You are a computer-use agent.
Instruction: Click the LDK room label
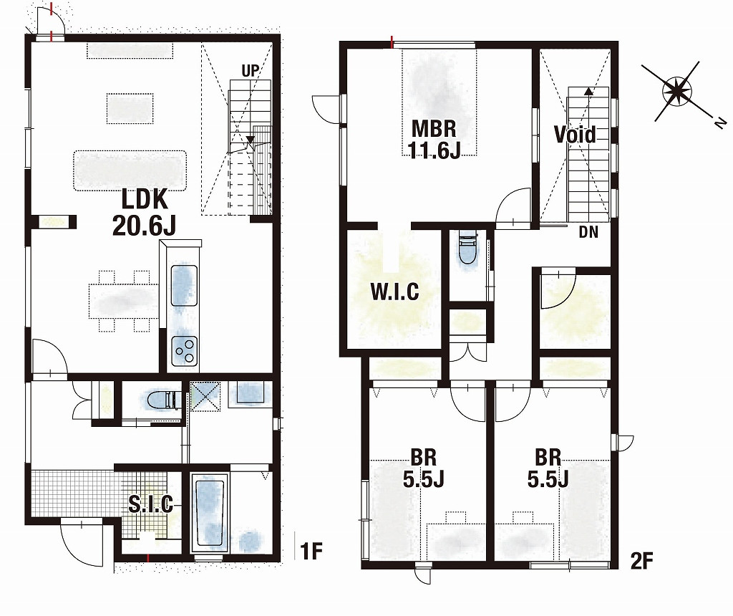point(145,199)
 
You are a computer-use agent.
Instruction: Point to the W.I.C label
point(394,292)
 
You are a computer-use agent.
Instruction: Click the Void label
point(575,134)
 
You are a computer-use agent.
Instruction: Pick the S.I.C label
point(151,504)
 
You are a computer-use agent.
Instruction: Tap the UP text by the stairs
point(250,71)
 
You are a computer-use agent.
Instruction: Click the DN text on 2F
point(588,232)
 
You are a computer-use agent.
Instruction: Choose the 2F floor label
point(641,560)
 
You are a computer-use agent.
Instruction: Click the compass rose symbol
point(676,90)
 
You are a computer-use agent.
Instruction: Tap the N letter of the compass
point(721,122)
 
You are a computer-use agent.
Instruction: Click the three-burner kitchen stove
point(184,351)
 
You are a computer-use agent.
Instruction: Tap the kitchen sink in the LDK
point(184,285)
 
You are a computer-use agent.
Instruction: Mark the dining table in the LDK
point(123,301)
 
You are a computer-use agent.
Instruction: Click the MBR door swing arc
point(508,196)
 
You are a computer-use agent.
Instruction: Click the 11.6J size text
point(434,150)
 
